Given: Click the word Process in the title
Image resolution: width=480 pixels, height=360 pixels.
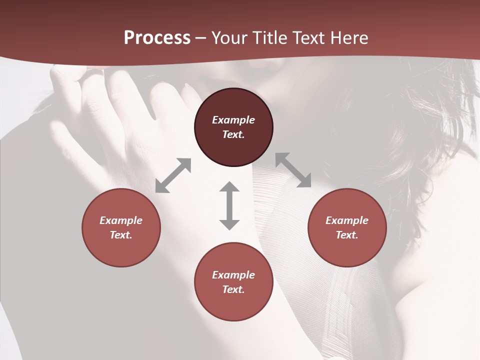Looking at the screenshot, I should [x=157, y=38].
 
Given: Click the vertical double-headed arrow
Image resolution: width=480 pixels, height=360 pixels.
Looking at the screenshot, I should [x=229, y=205].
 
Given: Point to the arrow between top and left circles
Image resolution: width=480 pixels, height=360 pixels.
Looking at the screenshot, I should [x=173, y=175].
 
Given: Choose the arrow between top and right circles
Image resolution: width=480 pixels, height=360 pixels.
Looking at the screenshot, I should [x=293, y=170].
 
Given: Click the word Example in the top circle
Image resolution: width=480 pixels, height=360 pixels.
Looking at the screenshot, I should [x=233, y=120].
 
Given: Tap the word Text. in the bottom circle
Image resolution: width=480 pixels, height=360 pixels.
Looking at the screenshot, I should [x=233, y=289].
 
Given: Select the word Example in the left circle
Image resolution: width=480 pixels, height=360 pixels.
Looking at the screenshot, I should [x=121, y=220].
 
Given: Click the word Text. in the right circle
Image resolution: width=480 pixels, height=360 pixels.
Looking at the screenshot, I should [x=347, y=235].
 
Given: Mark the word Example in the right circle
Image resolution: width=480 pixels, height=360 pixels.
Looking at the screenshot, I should [x=347, y=220].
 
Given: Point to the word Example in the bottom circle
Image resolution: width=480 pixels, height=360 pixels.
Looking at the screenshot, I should [x=233, y=275].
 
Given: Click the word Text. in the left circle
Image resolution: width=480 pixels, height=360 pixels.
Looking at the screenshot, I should [x=121, y=235].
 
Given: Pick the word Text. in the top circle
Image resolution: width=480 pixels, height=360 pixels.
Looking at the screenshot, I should [x=233, y=134].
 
